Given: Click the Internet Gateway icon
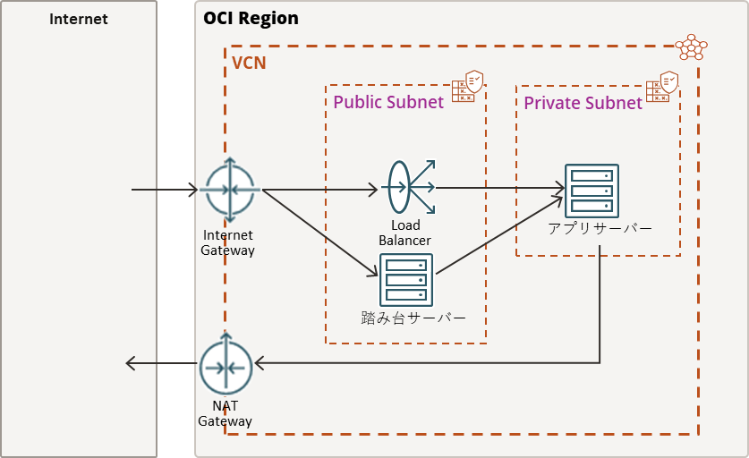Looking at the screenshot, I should click(229, 191).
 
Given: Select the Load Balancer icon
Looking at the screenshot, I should click(408, 187).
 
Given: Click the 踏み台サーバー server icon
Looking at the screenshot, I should click(406, 280).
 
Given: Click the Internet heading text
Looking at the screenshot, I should click(79, 19).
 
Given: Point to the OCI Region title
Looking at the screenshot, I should click(251, 19).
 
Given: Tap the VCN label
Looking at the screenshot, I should click(249, 64).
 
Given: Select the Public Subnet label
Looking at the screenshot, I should click(388, 102).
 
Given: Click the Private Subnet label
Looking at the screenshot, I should click(583, 103).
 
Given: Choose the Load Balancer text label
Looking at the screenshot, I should click(404, 233).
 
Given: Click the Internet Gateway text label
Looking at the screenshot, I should click(228, 243).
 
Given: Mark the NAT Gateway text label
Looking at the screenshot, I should click(225, 413).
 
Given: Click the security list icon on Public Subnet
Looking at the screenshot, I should click(468, 86).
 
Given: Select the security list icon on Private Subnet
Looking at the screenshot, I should click(663, 87).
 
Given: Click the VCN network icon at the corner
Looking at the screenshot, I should click(690, 47).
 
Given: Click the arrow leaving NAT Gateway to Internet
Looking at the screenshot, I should click(161, 363).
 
